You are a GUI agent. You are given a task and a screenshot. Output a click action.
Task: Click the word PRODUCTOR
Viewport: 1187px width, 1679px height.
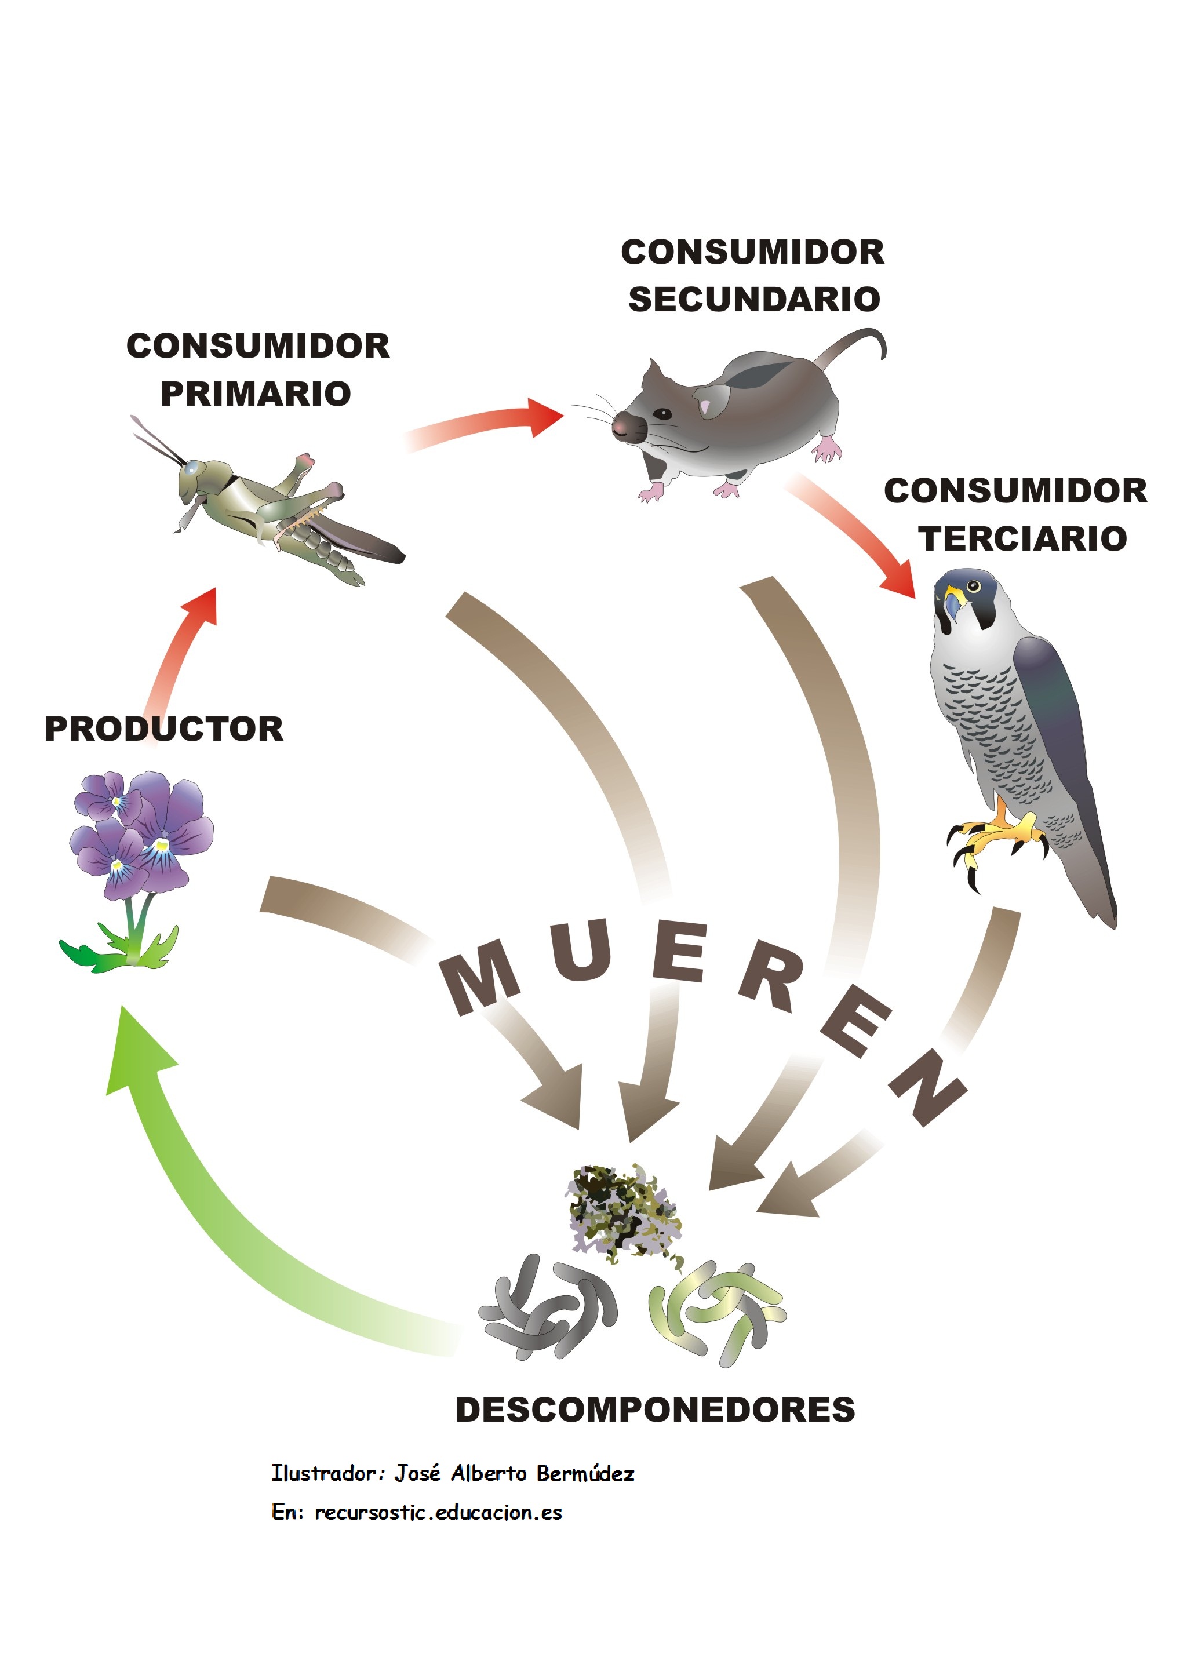(x=164, y=729)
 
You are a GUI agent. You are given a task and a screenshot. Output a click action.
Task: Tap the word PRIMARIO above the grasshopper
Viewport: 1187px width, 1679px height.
(x=256, y=394)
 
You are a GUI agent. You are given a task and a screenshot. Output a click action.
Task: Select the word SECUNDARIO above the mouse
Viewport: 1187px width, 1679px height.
(x=754, y=299)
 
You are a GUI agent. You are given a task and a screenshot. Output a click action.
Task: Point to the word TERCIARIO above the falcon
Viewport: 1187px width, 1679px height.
(x=1022, y=539)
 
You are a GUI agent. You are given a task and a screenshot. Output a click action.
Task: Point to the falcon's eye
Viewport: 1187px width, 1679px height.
(x=973, y=586)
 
